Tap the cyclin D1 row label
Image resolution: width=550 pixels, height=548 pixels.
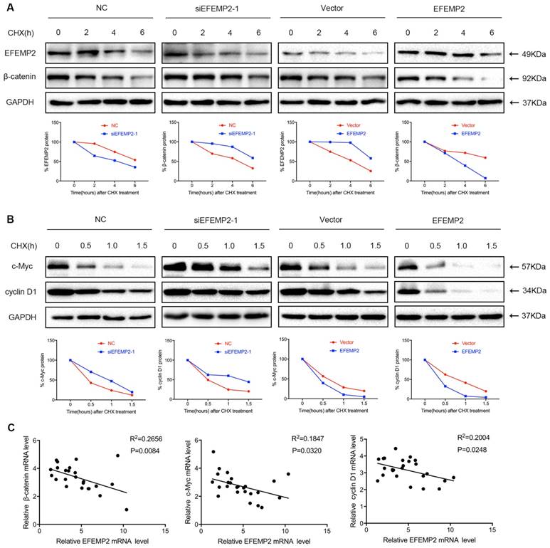click(x=24, y=292)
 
